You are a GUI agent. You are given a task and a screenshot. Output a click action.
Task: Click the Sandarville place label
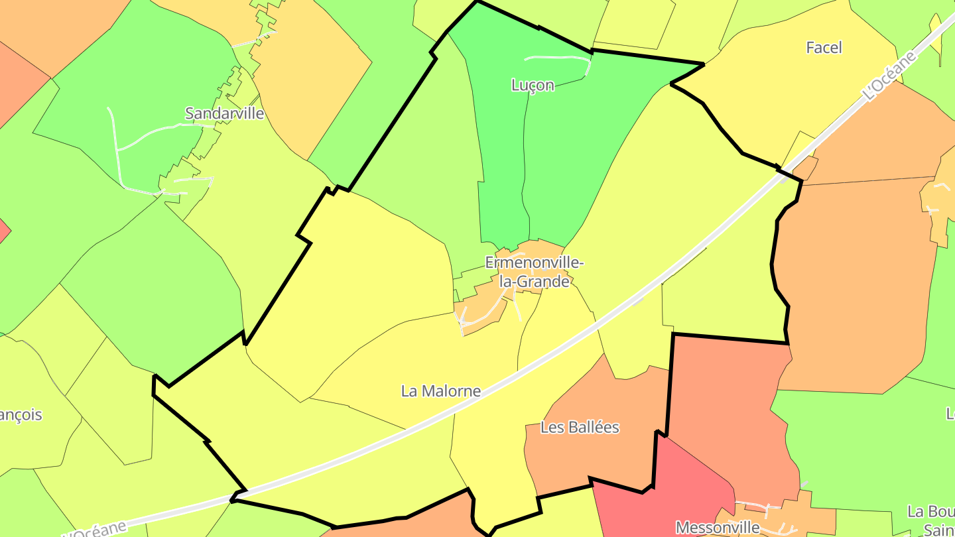[224, 113]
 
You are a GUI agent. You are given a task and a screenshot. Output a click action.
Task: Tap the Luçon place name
[533, 85]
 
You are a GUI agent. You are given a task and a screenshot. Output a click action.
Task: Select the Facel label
[824, 48]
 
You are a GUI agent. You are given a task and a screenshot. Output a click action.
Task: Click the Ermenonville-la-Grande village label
[535, 272]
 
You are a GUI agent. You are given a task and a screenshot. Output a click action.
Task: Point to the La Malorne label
[440, 391]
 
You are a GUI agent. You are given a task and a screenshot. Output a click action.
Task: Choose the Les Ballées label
[580, 428]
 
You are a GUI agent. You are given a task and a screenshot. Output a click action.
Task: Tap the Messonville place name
[718, 527]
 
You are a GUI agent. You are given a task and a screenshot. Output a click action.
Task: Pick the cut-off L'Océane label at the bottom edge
[94, 529]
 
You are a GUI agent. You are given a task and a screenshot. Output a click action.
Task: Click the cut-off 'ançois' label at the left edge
[20, 415]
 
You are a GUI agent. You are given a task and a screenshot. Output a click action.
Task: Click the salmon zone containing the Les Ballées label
[597, 457]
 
